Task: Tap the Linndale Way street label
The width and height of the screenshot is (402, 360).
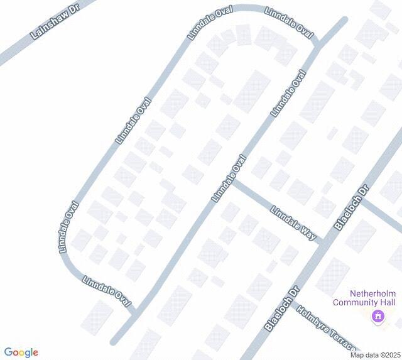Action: point(293,222)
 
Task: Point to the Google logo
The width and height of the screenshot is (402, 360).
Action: point(21,352)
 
